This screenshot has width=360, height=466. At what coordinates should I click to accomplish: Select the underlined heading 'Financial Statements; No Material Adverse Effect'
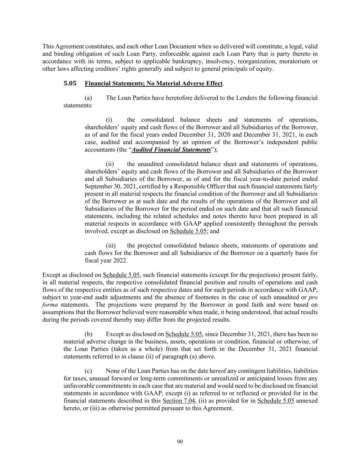click(x=153, y=84)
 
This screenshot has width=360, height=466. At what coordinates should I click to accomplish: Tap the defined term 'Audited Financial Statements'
click(x=171, y=150)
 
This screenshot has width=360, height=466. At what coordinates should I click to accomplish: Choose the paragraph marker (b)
click(x=88, y=334)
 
